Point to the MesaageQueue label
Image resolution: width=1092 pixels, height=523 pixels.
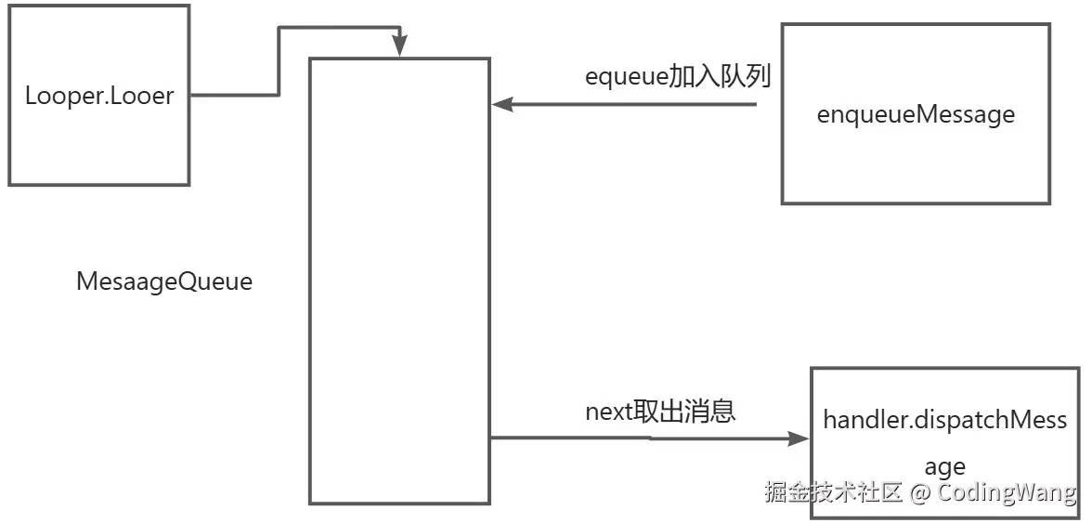point(164,282)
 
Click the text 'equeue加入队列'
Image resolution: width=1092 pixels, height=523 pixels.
point(678,76)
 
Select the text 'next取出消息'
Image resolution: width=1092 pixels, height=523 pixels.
point(660,411)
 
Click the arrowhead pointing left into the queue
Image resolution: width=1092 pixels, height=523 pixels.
point(501,105)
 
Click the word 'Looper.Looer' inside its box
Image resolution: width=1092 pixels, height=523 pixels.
point(99,96)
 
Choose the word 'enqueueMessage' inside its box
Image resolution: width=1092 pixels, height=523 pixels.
point(916,115)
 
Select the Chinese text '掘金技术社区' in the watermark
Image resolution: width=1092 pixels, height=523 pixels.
point(833,492)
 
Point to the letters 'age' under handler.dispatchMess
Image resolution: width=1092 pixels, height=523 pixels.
point(944,466)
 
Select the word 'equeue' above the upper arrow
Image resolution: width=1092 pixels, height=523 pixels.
point(627,78)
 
